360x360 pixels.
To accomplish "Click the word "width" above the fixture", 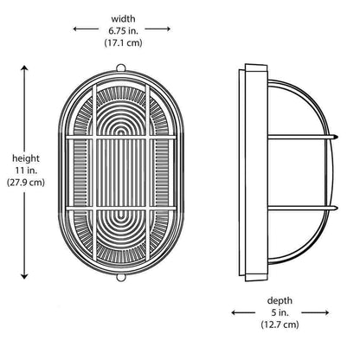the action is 123,19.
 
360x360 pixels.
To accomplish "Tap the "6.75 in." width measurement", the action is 123,30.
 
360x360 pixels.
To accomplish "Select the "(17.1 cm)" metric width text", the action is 123,42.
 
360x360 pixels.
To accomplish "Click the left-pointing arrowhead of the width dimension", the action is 75,29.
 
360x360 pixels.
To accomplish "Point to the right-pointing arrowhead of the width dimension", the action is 169,29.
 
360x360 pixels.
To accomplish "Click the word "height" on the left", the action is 26,158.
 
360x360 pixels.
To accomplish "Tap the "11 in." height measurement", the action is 26,170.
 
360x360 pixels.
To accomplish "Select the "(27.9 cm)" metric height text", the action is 26,183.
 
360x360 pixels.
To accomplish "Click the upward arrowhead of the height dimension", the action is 24,68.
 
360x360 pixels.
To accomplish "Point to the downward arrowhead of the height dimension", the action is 24,276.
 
